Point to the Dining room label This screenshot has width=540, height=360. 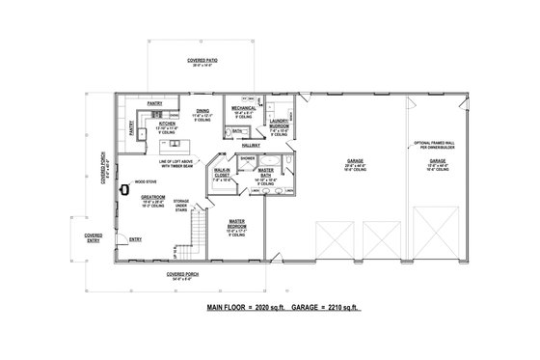[x=203, y=113]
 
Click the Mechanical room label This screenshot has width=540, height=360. [x=243, y=110]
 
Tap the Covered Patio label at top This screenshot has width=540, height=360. [x=202, y=60]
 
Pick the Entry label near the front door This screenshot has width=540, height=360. [x=134, y=239]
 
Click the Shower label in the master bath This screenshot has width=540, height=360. [x=247, y=157]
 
